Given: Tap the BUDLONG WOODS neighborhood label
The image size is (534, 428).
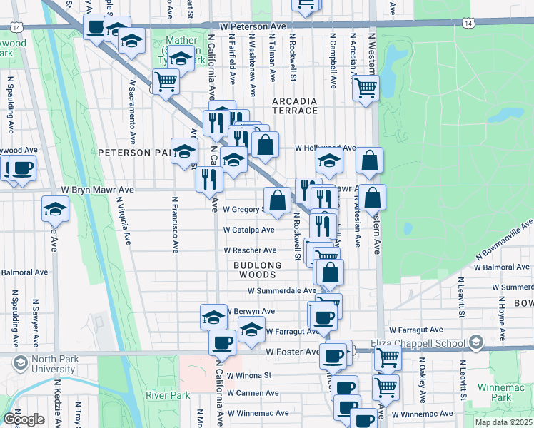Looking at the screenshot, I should click(x=255, y=270).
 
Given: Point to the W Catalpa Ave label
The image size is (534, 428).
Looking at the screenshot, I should click(x=248, y=230).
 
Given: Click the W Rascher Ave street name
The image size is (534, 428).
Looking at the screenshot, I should click(x=250, y=250).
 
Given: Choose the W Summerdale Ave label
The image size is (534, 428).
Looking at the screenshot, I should click(x=281, y=291).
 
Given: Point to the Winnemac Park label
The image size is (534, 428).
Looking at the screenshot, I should click(x=511, y=392).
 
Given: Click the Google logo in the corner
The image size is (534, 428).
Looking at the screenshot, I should click(x=24, y=419).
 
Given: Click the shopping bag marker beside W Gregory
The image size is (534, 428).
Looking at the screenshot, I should click(x=277, y=200).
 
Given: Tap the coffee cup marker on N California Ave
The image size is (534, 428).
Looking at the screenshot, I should click(x=222, y=342).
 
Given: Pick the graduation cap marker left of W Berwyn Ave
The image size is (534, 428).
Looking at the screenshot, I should click(x=213, y=317).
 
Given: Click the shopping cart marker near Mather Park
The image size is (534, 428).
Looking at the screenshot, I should click(x=166, y=81).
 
